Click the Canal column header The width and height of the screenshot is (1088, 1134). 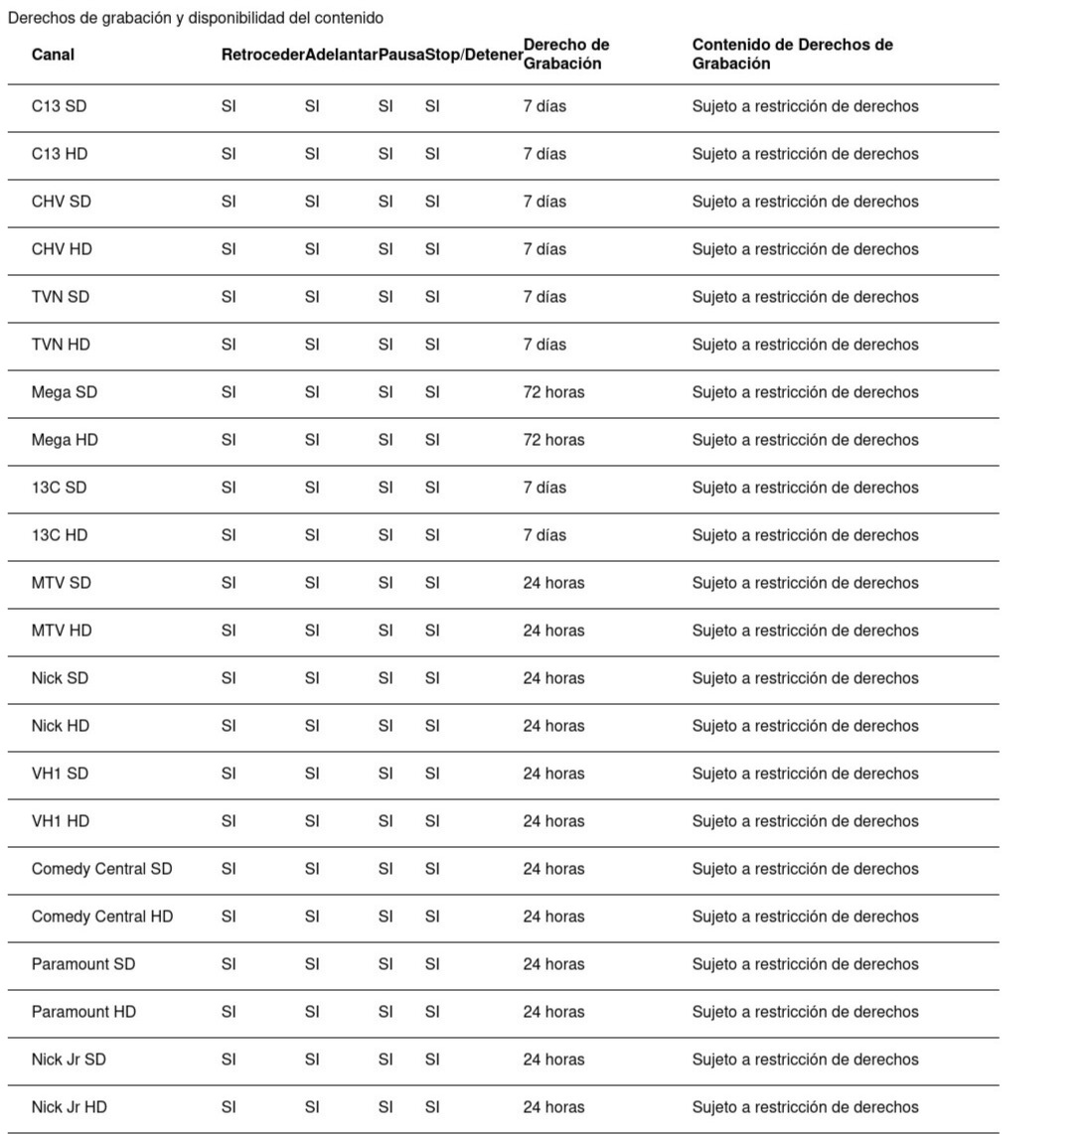(x=53, y=55)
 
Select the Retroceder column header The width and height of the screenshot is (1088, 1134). (x=262, y=55)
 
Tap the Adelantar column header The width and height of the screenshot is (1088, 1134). (x=341, y=55)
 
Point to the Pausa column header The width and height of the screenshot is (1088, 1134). (x=401, y=55)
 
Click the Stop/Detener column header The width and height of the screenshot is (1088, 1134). (x=474, y=55)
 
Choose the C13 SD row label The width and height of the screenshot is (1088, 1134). (x=59, y=106)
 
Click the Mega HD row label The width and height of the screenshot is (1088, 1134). (x=65, y=440)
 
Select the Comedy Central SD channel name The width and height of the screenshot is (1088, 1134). (x=101, y=869)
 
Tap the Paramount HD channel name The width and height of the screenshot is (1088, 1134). (x=83, y=1012)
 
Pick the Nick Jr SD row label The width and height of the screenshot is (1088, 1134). (x=69, y=1060)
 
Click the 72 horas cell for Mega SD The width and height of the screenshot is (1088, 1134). (x=553, y=392)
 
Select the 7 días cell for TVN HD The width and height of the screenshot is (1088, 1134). (x=544, y=345)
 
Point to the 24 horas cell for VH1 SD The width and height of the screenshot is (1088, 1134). (x=553, y=774)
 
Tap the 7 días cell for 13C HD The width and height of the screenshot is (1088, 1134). (x=544, y=535)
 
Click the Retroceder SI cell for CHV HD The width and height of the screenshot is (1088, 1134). (x=229, y=249)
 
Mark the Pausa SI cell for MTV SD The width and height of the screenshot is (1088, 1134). (x=386, y=583)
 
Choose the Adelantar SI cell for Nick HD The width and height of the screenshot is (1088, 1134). (x=312, y=726)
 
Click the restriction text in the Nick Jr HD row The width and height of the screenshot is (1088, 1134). (x=805, y=1107)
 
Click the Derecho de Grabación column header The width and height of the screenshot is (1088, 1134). (x=565, y=55)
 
